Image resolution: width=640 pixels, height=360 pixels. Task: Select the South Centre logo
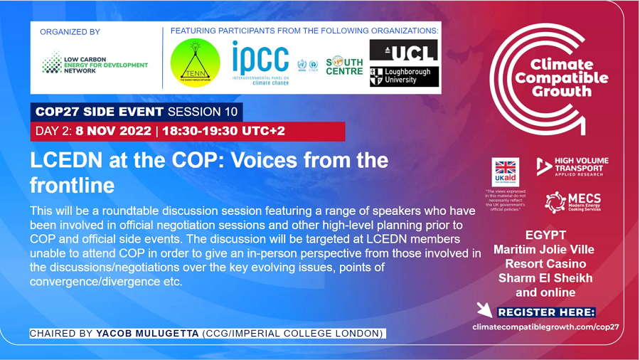point(344,65)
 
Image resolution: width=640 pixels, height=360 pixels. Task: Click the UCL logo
point(403,51)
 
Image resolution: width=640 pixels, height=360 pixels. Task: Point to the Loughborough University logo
point(403,76)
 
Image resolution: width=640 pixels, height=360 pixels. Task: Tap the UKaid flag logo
point(506,172)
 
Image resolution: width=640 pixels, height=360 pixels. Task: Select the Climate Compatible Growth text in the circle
point(562,78)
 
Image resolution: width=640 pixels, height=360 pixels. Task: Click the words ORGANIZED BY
point(70,32)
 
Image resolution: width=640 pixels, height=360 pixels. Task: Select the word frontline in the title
point(72,186)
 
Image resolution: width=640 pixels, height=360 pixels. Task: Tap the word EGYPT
point(546,235)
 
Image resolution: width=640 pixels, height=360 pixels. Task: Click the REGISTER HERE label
point(546,312)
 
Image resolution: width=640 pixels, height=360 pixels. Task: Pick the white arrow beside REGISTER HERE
point(485,310)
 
